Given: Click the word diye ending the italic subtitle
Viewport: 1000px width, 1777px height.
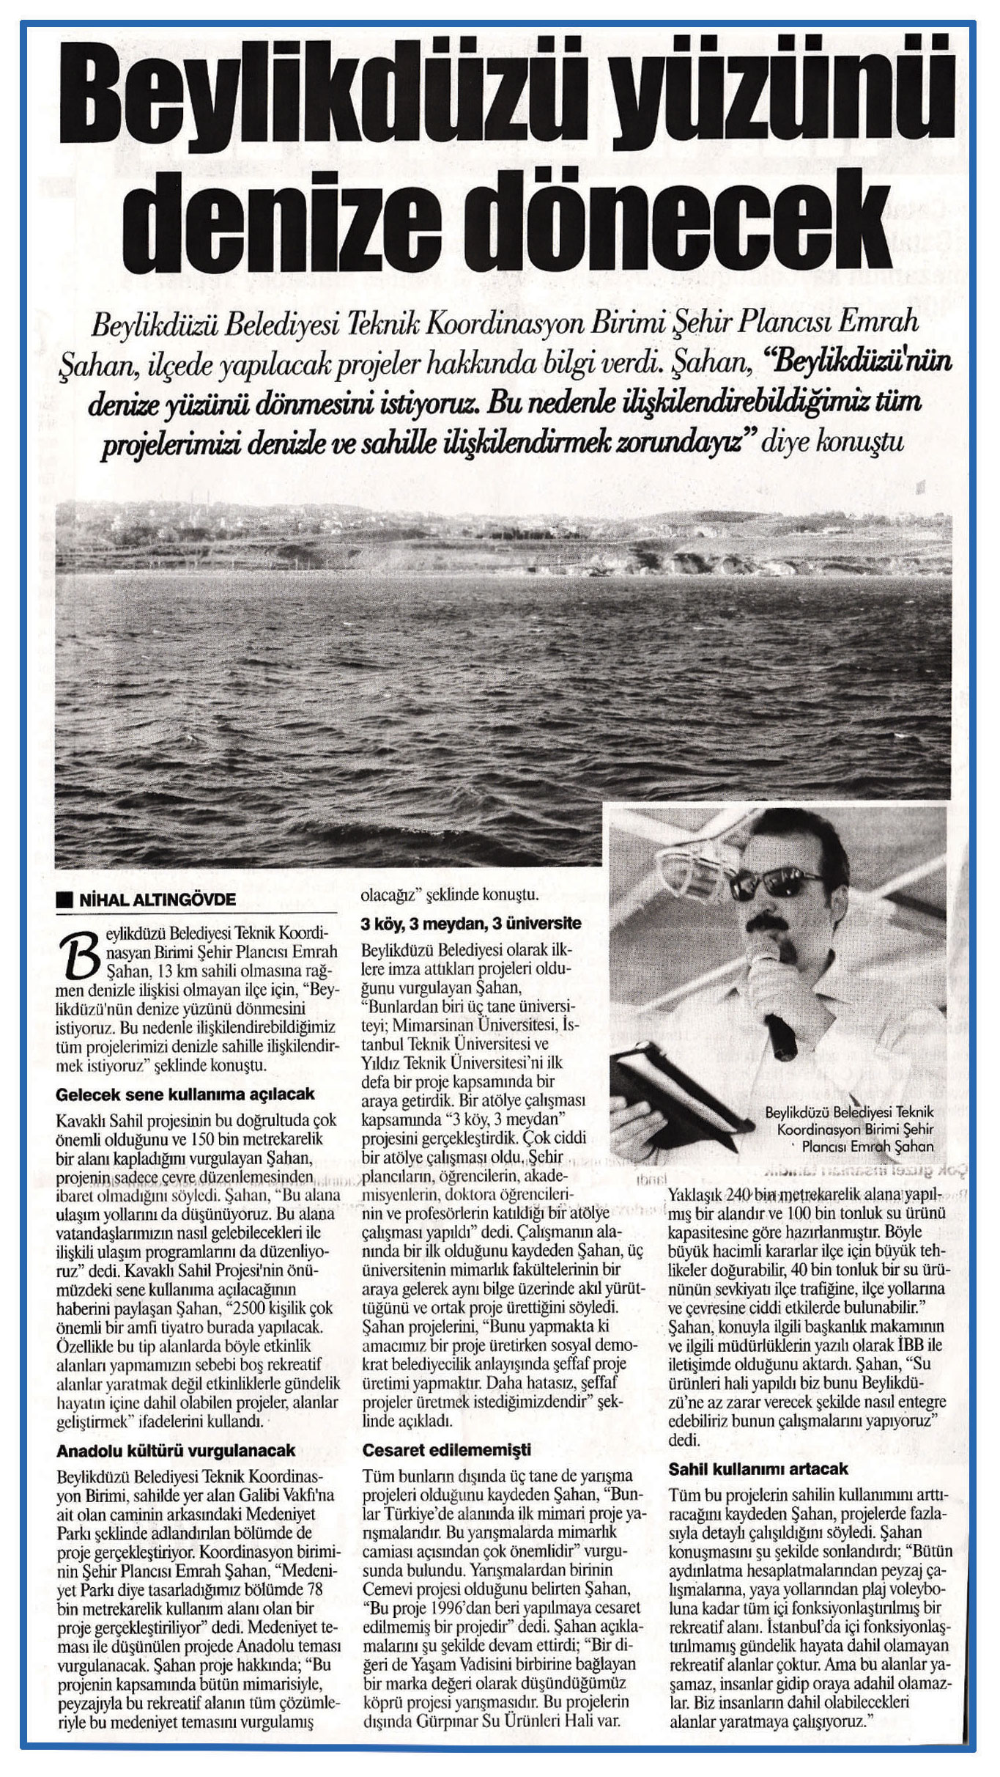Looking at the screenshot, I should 785,444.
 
